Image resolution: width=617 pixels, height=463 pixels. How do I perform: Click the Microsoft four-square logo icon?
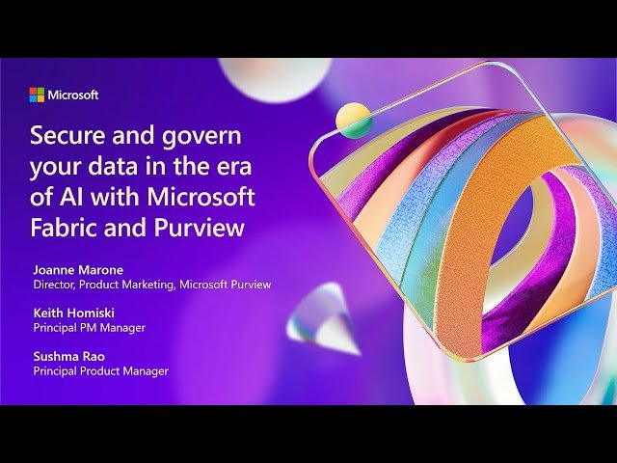[37, 95]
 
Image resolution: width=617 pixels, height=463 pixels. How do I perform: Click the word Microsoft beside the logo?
[73, 95]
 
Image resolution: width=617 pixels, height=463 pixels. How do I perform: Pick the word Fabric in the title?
[64, 230]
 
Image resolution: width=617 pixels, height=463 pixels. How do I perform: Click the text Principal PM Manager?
[90, 328]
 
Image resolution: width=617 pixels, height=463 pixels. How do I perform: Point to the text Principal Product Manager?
[101, 370]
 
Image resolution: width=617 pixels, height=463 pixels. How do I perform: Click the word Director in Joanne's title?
[54, 285]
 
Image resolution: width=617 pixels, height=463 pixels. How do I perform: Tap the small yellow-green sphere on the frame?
[353, 121]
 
